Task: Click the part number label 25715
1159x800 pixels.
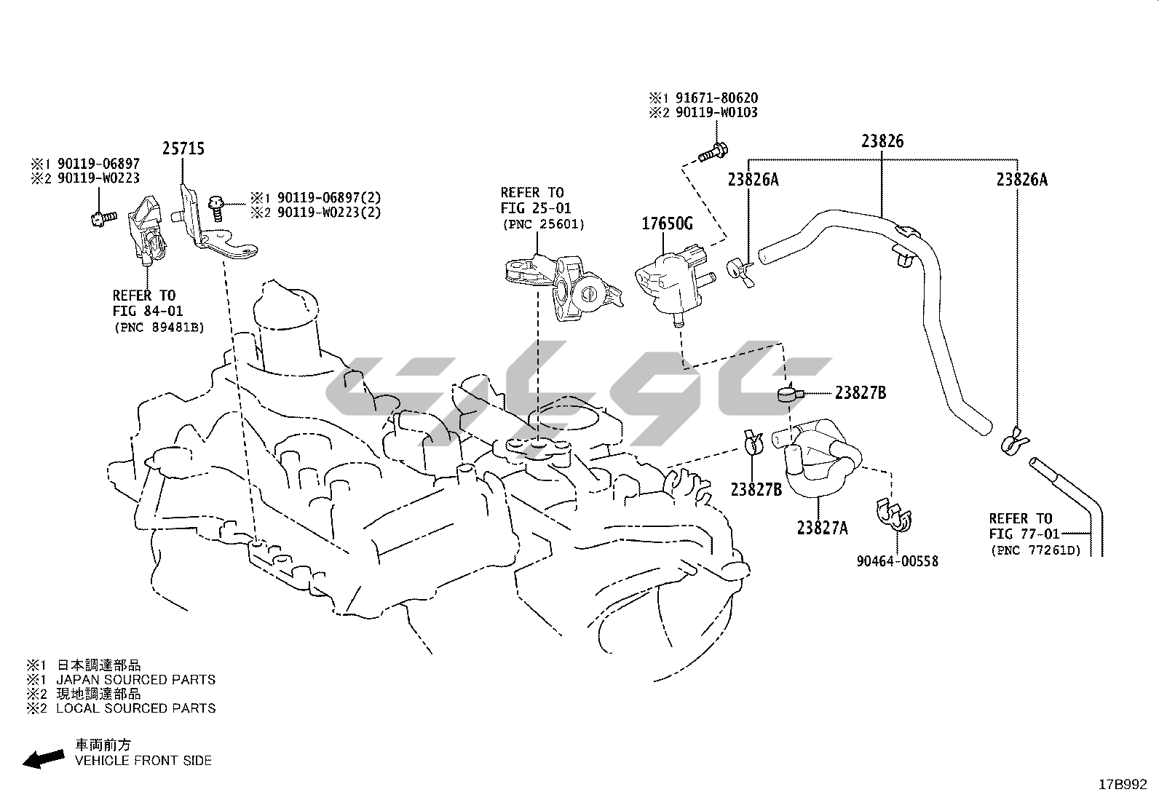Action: (x=183, y=148)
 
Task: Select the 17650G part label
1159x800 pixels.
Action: (x=666, y=224)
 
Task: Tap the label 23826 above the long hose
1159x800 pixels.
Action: (x=882, y=141)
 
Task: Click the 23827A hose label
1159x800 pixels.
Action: (x=822, y=528)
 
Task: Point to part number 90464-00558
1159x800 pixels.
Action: (x=897, y=561)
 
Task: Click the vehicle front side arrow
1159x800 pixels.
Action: (x=42, y=759)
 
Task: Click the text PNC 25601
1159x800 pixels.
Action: (x=542, y=224)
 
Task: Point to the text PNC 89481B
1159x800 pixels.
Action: (x=159, y=328)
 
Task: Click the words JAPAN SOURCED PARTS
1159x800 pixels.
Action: (x=136, y=680)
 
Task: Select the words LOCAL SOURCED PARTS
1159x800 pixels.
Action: (x=136, y=708)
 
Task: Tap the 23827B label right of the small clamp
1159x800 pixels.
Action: (x=861, y=393)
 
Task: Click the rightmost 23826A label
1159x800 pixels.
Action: (x=1021, y=179)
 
